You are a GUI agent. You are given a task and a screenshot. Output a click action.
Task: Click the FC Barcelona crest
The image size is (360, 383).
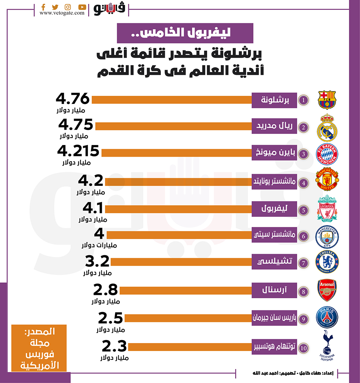pyautogui.click(x=327, y=100)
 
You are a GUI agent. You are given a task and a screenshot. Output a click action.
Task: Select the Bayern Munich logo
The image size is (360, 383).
pyautogui.click(x=327, y=155)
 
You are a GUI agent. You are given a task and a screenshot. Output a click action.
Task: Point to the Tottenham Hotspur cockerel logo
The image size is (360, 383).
pyautogui.click(x=327, y=346)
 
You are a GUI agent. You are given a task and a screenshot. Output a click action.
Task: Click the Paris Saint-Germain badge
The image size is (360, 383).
pyautogui.click(x=327, y=317)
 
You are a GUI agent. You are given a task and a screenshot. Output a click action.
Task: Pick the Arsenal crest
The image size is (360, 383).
pyautogui.click(x=327, y=290)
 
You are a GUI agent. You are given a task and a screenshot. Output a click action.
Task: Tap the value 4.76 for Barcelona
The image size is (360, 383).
pyautogui.click(x=72, y=99)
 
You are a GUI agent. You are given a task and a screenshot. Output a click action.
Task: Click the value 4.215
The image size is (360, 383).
pyautogui.click(x=78, y=151)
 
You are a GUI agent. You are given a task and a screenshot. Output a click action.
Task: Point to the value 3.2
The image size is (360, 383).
pyautogui.click(x=97, y=261)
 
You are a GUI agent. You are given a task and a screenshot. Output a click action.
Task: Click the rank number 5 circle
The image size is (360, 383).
pyautogui.click(x=303, y=210)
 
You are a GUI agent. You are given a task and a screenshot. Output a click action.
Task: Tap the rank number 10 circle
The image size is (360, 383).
pyautogui.click(x=303, y=347)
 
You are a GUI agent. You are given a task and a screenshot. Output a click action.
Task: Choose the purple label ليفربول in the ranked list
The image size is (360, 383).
pyautogui.click(x=274, y=209)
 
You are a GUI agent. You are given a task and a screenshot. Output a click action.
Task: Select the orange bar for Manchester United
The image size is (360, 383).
pyautogui.click(x=178, y=182)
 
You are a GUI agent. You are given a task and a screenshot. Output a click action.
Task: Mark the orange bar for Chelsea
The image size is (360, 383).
pyautogui.click(x=181, y=262)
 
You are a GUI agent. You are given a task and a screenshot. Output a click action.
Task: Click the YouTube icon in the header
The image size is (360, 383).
pyautogui.click(x=82, y=7)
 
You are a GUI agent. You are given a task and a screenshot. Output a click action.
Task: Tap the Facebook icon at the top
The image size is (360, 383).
pyautogui.click(x=43, y=7)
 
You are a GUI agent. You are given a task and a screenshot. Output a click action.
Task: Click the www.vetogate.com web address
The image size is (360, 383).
pyautogui.click(x=62, y=13)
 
